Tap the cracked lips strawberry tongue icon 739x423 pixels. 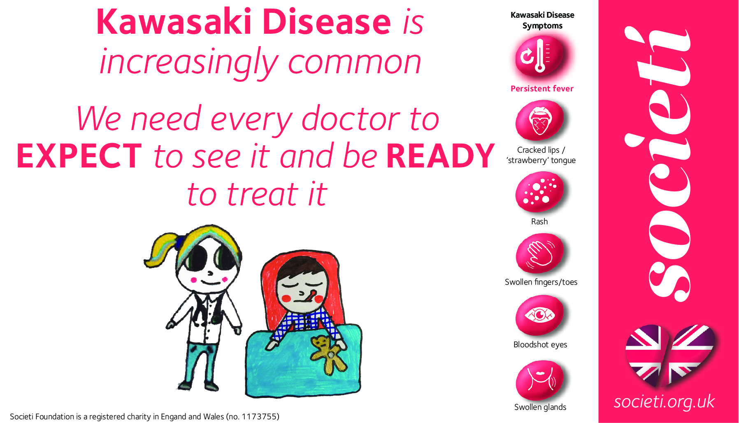point(539,121)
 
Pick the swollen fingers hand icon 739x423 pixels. point(539,253)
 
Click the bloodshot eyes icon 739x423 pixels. point(539,315)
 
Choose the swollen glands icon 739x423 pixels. point(539,380)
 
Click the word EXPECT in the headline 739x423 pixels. point(79,156)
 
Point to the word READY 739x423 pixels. point(440,156)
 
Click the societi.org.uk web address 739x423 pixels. point(664,402)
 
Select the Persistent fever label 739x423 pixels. point(542,88)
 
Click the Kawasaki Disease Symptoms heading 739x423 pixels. point(542,20)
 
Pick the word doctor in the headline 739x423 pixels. point(351,119)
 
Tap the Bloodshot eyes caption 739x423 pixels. point(540,344)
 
